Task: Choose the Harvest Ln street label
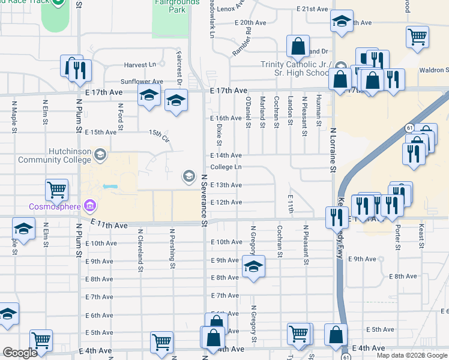tap(140, 65)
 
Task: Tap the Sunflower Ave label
tap(142, 82)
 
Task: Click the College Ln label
tap(226, 167)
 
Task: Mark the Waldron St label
tap(433, 70)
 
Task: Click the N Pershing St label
tap(172, 248)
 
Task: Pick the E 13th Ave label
tap(226, 185)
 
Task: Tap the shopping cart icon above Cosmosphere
tap(56, 190)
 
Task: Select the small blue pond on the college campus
tap(110, 187)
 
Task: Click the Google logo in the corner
tap(20, 353)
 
